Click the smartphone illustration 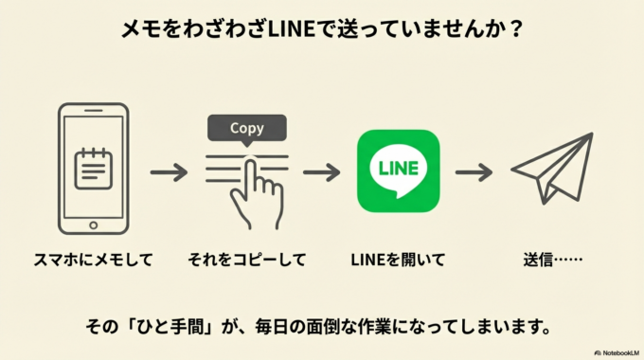pyautogui.click(x=92, y=169)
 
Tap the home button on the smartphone pyautogui.click(x=92, y=225)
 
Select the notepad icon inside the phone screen pyautogui.click(x=92, y=168)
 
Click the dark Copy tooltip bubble pyautogui.click(x=246, y=128)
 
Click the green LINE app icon pyautogui.click(x=398, y=171)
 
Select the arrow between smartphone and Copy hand pyautogui.click(x=170, y=173)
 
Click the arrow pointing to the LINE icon pyautogui.click(x=321, y=173)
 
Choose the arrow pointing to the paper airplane pyautogui.click(x=474, y=173)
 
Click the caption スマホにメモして pyautogui.click(x=93, y=259)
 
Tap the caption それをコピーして pyautogui.click(x=245, y=259)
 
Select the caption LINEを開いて pyautogui.click(x=398, y=259)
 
